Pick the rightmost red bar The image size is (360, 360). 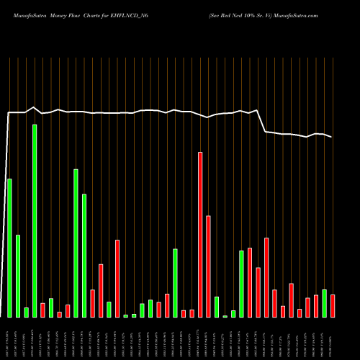click(333, 305)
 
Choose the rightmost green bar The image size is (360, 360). click(325, 303)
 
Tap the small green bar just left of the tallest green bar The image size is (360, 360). click(26, 312)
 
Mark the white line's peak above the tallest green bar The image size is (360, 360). click(35, 107)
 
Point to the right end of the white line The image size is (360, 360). click(333, 137)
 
